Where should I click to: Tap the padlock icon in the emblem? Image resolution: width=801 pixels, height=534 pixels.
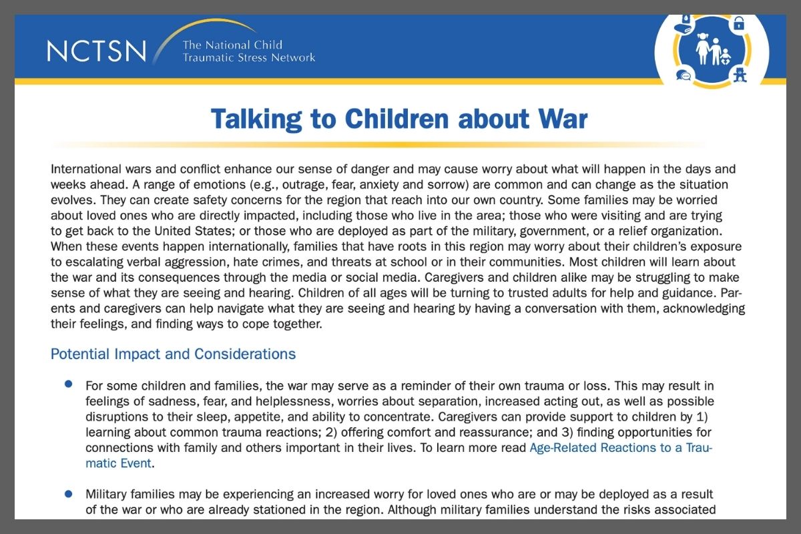[739, 23]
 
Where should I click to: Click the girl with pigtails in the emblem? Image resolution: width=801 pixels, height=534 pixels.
[702, 49]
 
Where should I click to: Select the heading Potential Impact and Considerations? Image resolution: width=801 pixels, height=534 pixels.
[173, 354]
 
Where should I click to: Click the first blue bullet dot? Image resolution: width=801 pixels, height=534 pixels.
[68, 384]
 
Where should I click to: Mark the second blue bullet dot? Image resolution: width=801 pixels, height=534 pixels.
[68, 493]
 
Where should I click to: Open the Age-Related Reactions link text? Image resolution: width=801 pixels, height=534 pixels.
[620, 448]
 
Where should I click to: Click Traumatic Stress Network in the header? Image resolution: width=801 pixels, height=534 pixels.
[249, 57]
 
